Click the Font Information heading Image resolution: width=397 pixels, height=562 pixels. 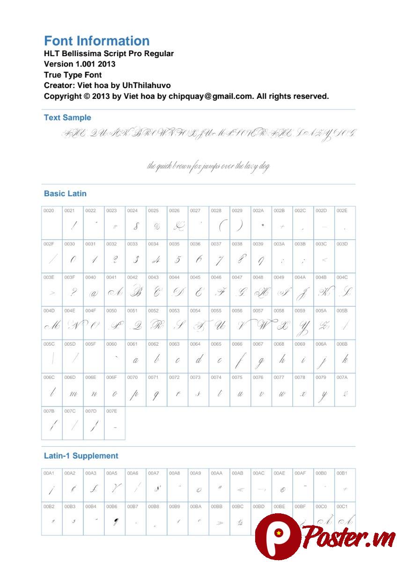(96, 41)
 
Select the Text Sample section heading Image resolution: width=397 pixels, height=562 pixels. (67, 118)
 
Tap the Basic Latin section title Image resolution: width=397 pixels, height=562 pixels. (65, 193)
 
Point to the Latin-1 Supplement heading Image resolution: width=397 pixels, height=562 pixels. (81, 456)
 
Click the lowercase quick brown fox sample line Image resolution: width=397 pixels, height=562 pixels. (208, 166)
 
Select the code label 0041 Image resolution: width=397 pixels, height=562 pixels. (111, 277)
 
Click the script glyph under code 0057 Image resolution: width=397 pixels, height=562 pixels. (261, 325)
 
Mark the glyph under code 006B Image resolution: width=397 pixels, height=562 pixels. (345, 359)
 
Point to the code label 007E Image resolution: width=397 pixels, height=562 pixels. (111, 411)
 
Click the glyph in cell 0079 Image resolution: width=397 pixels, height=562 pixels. (323, 395)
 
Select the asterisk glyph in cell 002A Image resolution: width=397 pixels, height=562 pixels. (263, 225)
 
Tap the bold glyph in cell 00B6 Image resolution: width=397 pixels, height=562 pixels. (115, 521)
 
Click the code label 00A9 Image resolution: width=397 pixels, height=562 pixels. (195, 473)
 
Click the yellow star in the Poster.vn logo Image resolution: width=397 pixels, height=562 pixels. (278, 532)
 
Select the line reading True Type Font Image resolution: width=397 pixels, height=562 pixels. (73, 75)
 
